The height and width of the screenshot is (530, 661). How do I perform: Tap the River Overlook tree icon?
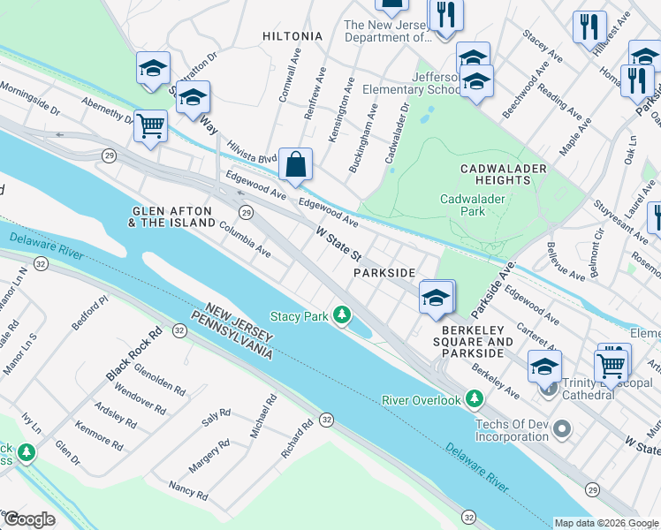click(475, 400)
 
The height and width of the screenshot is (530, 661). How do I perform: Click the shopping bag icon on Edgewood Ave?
click(295, 163)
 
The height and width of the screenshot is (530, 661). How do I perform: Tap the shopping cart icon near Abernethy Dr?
click(150, 125)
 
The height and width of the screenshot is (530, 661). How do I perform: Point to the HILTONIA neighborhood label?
click(293, 36)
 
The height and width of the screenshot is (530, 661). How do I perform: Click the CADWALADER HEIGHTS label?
click(503, 173)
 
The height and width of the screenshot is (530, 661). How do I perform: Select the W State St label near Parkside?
click(339, 242)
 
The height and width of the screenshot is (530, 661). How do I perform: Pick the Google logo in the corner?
click(29, 519)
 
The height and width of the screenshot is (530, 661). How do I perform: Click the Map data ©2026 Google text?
click(605, 522)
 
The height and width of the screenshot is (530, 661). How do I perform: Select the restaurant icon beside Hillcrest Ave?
click(589, 26)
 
